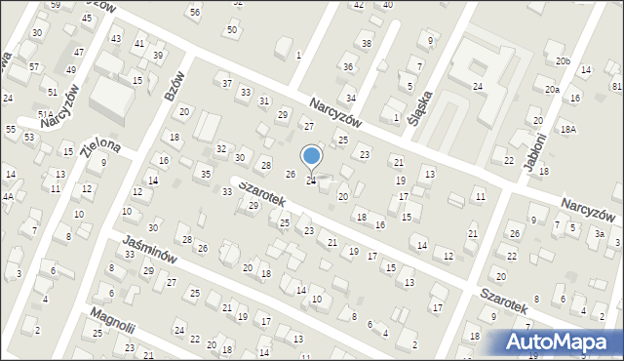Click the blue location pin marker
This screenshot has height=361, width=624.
point(312,156)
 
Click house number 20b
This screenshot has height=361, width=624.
point(563,61)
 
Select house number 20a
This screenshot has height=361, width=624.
point(552,90)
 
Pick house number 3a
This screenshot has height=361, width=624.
point(602,234)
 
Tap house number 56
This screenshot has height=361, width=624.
point(195,12)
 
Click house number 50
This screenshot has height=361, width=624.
point(231,29)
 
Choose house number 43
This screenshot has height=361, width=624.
point(116,38)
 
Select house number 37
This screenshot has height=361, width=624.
point(226,83)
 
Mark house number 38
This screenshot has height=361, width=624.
point(367,44)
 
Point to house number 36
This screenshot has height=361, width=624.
point(348,66)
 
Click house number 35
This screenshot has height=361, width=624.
point(205,174)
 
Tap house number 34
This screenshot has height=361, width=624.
point(351,99)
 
